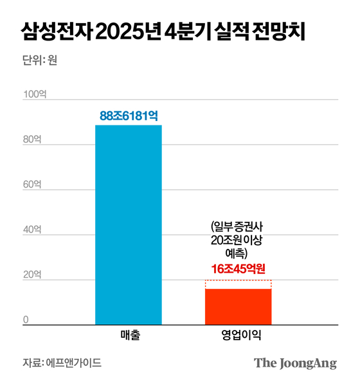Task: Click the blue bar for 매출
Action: pyautogui.click(x=129, y=224)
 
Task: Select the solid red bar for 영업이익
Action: pyautogui.click(x=238, y=307)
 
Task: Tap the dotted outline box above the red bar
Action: pyautogui.click(x=238, y=284)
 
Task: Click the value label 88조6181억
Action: pyautogui.click(x=129, y=116)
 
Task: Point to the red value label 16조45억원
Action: pyautogui.click(x=238, y=269)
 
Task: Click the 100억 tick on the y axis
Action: pyautogui.click(x=35, y=95)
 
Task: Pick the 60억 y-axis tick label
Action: pyautogui.click(x=33, y=185)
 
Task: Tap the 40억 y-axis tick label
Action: pyautogui.click(x=33, y=230)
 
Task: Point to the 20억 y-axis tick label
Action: pyautogui.click(x=33, y=275)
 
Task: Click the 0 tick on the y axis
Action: pyautogui.click(x=26, y=320)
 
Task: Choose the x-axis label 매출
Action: pyautogui.click(x=129, y=336)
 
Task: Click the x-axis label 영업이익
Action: pyautogui.click(x=238, y=336)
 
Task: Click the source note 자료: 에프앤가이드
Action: pyautogui.click(x=61, y=362)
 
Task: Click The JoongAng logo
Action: pyautogui.click(x=295, y=363)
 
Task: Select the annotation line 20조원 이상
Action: pyautogui.click(x=238, y=239)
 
